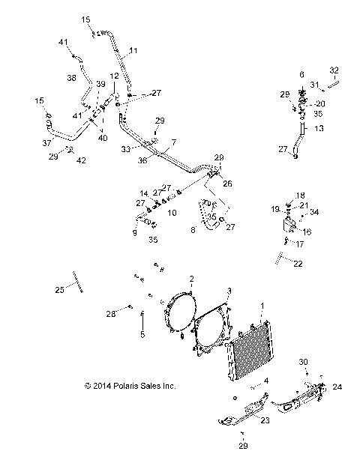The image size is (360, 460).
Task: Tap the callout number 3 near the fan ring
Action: [229, 290]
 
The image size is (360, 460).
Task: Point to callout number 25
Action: [59, 289]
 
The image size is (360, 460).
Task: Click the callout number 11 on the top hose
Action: [133, 51]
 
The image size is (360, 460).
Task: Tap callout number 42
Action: [82, 160]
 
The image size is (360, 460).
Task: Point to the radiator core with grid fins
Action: [251, 352]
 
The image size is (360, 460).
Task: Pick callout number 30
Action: [304, 362]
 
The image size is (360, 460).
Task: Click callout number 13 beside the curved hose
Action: [319, 129]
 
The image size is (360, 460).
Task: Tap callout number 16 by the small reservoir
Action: [307, 232]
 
